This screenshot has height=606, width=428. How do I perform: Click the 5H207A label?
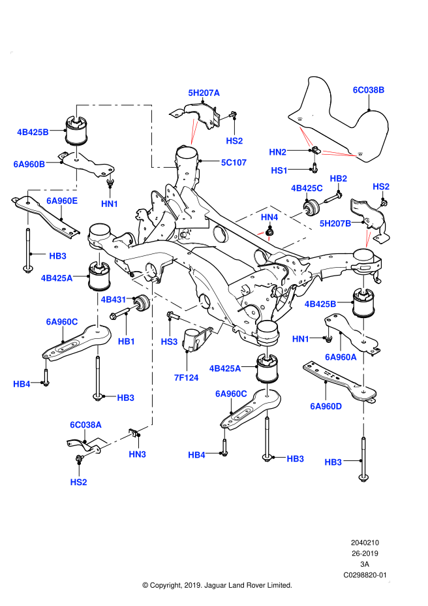tap(204, 93)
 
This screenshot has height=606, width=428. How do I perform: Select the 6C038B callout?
tap(368, 90)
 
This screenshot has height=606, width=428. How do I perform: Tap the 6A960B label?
tap(29, 165)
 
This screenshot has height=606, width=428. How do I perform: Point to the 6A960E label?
tap(62, 201)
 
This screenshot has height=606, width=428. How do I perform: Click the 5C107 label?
tap(234, 163)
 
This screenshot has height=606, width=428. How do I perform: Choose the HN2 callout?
tap(277, 152)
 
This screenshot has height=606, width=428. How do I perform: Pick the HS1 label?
tap(279, 170)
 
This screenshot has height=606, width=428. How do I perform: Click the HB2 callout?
tap(338, 179)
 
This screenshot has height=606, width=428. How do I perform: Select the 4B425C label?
tap(307, 188)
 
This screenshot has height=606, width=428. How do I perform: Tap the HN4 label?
tap(269, 217)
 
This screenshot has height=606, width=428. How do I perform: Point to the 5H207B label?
tap(335, 223)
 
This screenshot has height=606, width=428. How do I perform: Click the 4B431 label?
tap(113, 300)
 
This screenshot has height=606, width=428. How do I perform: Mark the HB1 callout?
tap(127, 342)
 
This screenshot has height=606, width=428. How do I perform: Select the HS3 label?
tap(169, 342)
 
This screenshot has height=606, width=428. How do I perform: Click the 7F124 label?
tap(186, 377)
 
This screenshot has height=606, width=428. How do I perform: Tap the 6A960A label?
tap(341, 357)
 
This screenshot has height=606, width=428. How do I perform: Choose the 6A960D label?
tap(326, 406)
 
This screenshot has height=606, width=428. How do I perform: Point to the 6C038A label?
tap(85, 425)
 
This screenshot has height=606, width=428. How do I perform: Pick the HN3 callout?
tap(137, 455)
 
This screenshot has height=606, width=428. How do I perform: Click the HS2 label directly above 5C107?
tap(234, 141)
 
